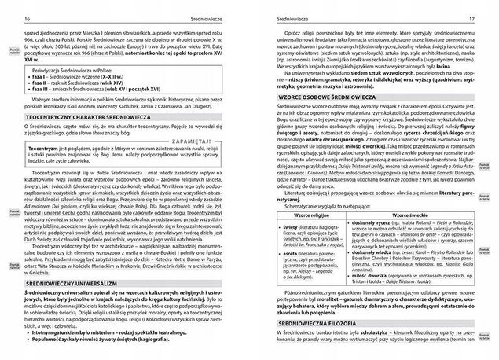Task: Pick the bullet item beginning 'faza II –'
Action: pyautogui.click(x=81, y=77)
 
